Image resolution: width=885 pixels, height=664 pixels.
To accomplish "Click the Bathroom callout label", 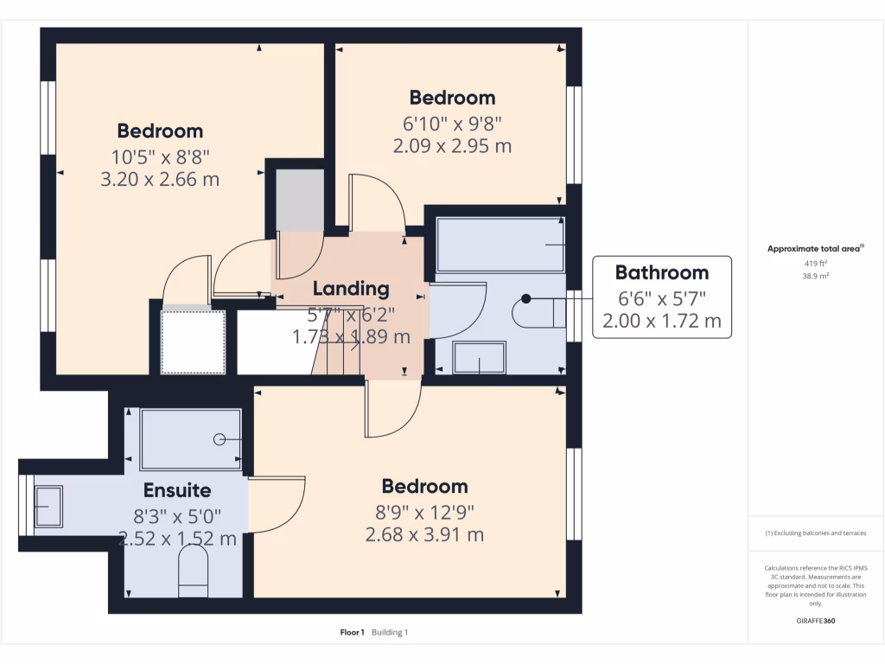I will tap(661, 272).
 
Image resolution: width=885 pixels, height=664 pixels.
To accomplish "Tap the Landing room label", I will tap(351, 289).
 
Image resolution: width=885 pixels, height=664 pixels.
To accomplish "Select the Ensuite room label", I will tap(177, 490).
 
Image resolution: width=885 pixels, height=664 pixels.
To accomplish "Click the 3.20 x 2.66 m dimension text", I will tap(160, 180).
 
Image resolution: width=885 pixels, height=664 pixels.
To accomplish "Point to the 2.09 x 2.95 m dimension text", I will tap(452, 146).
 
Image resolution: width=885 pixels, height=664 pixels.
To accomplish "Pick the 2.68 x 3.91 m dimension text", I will tap(424, 535).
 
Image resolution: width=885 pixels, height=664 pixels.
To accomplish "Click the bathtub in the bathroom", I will tap(500, 245).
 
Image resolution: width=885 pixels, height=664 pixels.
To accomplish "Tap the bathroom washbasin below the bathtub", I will tap(479, 358).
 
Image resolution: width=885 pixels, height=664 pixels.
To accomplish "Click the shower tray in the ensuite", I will tap(190, 438).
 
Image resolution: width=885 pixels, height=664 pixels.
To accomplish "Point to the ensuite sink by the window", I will tap(48, 506).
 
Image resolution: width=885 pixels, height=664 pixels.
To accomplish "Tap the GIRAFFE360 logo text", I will tap(816, 621).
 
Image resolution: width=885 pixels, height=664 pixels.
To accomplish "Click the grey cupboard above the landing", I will tap(299, 201).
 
